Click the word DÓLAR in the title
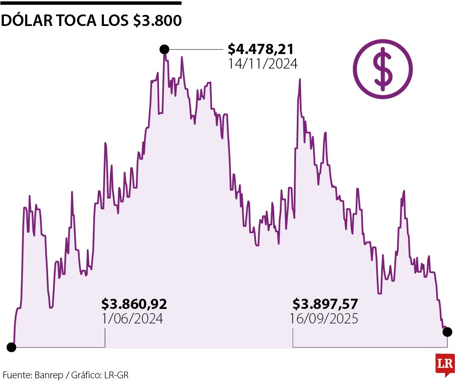pyautogui.click(x=26, y=20)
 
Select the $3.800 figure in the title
pyautogui.click(x=157, y=20)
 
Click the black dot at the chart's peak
pyautogui.click(x=164, y=49)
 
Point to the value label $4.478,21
pyautogui.click(x=261, y=49)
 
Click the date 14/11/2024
pyautogui.click(x=262, y=64)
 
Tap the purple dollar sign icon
pyautogui.click(x=383, y=69)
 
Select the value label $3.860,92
pyautogui.click(x=134, y=304)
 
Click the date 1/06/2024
pyautogui.click(x=132, y=319)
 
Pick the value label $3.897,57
pyautogui.click(x=325, y=304)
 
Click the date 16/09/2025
pyautogui.click(x=324, y=319)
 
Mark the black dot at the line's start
pyautogui.click(x=11, y=347)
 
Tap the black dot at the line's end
pyautogui.click(x=447, y=332)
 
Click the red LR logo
pyautogui.click(x=445, y=364)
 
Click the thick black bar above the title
pyautogui.click(x=91, y=3)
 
